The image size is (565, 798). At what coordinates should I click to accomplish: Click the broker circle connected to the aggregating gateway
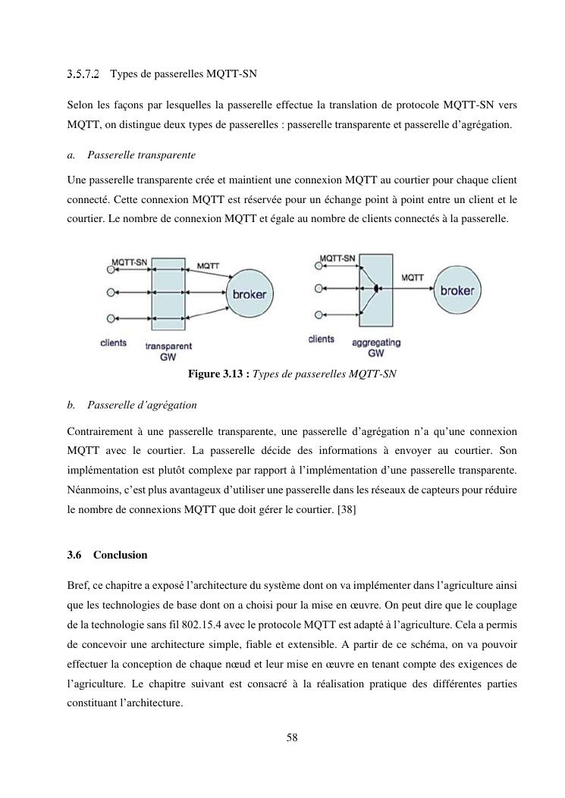[457, 290]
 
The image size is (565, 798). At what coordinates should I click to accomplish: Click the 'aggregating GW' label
[376, 348]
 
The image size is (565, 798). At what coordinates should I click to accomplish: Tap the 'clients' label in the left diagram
[114, 343]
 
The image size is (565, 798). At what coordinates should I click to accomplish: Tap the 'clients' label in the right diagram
[322, 339]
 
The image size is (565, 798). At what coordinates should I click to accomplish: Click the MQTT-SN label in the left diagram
[129, 261]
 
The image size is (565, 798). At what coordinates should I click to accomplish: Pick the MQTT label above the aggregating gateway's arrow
[412, 277]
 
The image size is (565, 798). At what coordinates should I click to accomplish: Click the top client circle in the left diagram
[111, 271]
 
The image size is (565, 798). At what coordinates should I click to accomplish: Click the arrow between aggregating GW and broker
[412, 289]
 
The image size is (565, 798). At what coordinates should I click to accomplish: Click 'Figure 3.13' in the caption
[215, 374]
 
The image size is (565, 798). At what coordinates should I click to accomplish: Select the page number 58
[292, 737]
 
